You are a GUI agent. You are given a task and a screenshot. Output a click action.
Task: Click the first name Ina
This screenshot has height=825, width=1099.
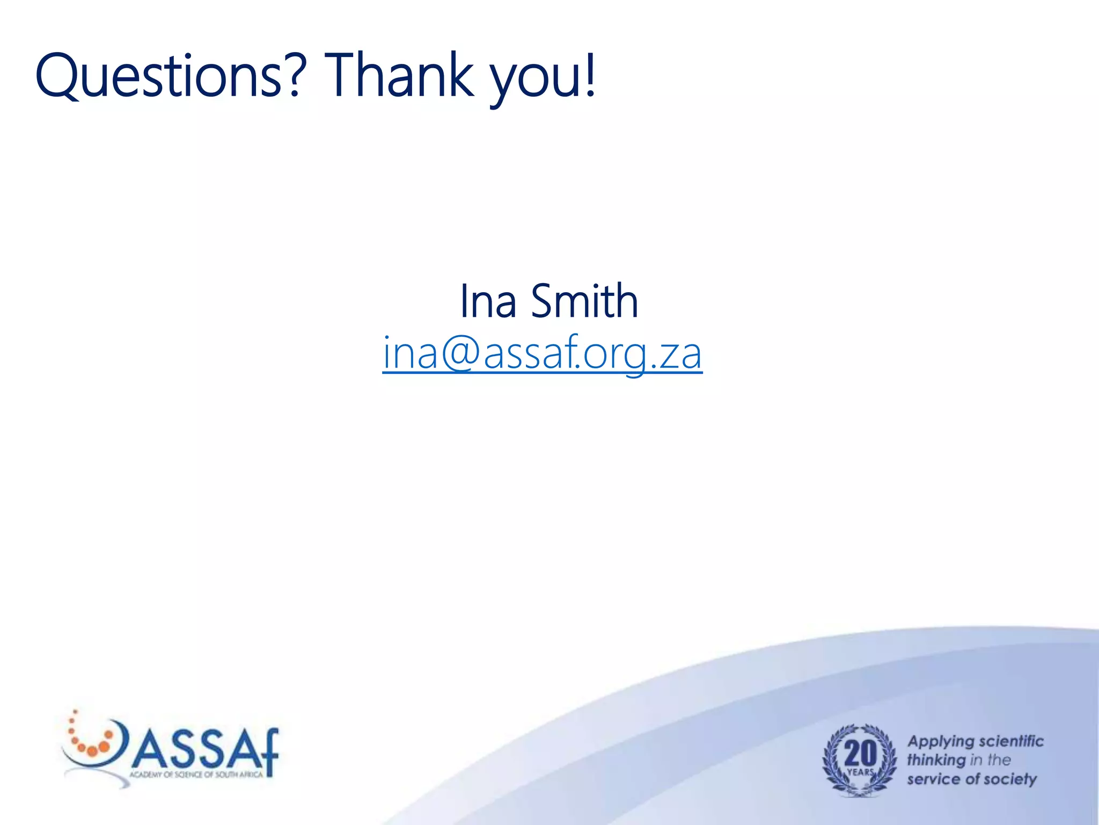coord(488,301)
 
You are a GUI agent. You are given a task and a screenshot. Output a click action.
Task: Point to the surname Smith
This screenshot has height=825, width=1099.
coord(584,301)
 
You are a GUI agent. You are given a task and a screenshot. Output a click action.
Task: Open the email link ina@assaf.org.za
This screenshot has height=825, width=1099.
coord(542,353)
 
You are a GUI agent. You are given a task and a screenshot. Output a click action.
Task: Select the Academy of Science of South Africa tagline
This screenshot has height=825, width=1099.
coord(196,775)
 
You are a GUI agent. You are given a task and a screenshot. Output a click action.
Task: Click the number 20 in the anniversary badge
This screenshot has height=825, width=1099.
coord(860,753)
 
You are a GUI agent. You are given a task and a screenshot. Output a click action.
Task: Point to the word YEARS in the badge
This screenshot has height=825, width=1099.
coord(860,772)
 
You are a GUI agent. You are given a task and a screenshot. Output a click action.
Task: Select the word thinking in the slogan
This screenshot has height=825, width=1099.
coord(936,760)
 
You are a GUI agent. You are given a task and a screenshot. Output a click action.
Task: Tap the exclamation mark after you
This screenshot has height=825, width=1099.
coord(591,75)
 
